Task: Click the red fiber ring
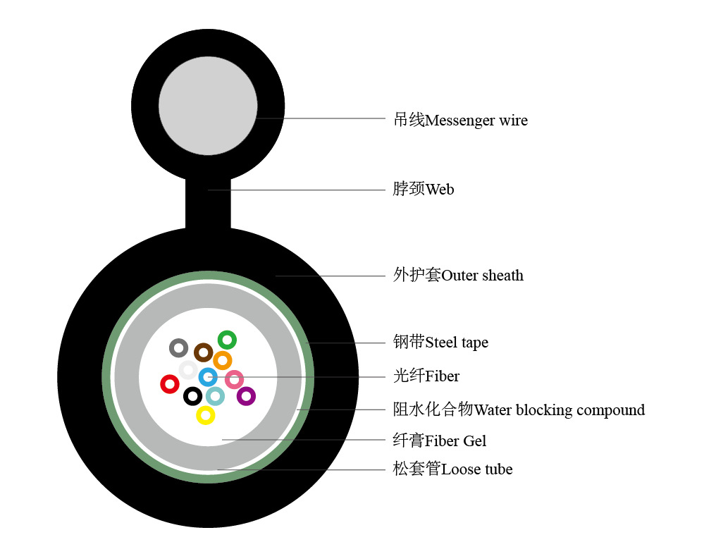pyautogui.click(x=169, y=384)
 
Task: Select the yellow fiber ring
pyautogui.click(x=205, y=416)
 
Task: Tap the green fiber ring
pyautogui.click(x=227, y=340)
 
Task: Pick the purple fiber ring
pyautogui.click(x=246, y=396)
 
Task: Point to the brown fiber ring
pyautogui.click(x=204, y=352)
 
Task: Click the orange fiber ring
pyautogui.click(x=222, y=361)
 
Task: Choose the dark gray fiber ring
pyautogui.click(x=178, y=347)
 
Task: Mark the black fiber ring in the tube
pyautogui.click(x=192, y=396)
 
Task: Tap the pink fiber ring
pyautogui.click(x=235, y=379)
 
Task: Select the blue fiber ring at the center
pyautogui.click(x=208, y=377)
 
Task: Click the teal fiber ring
pyautogui.click(x=215, y=396)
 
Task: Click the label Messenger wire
pyautogui.click(x=460, y=120)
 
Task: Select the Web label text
pyautogui.click(x=424, y=189)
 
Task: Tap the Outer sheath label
pyautogui.click(x=458, y=275)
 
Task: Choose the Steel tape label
pyautogui.click(x=440, y=343)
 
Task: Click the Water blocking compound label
pyautogui.click(x=519, y=410)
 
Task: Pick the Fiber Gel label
pyautogui.click(x=440, y=441)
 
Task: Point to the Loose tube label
pyautogui.click(x=452, y=469)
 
